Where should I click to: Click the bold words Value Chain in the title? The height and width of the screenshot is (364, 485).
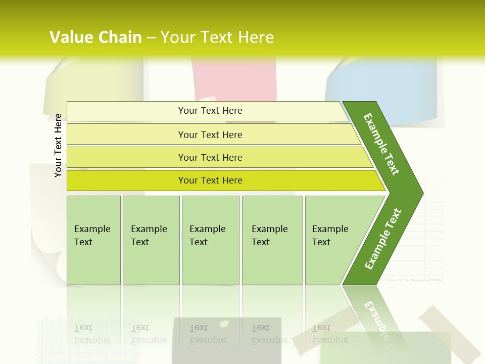pyautogui.click(x=95, y=37)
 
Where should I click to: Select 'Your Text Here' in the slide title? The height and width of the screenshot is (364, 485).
pyautogui.click(x=217, y=37)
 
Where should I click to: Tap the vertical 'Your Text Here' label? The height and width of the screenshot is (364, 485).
pyautogui.click(x=58, y=145)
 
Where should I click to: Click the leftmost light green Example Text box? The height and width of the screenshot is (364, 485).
pyautogui.click(x=93, y=240)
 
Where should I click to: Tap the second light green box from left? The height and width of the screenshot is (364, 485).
pyautogui.click(x=151, y=240)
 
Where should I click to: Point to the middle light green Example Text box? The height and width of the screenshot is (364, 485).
pyautogui.click(x=210, y=240)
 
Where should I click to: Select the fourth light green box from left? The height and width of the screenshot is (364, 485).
pyautogui.click(x=272, y=240)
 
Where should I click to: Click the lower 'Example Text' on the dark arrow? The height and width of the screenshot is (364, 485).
pyautogui.click(x=383, y=239)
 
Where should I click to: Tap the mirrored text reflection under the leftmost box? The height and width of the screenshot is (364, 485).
pyautogui.click(x=92, y=334)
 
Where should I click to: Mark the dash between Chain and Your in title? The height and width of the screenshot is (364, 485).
pyautogui.click(x=151, y=37)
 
